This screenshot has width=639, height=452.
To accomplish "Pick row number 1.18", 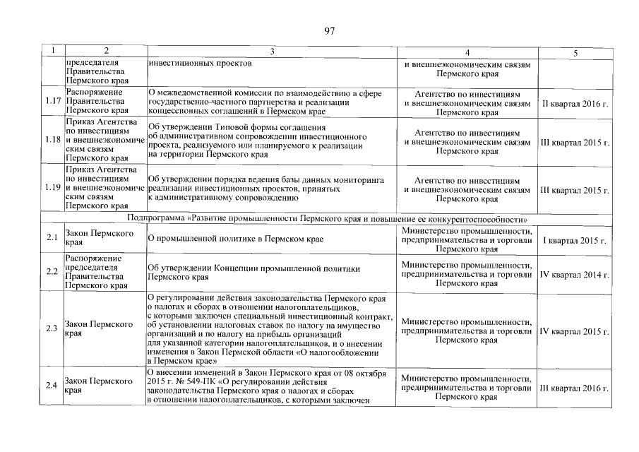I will tap(52, 141).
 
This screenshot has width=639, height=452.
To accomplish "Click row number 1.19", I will tap(52, 189).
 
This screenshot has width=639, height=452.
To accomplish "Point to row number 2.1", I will tap(52, 239).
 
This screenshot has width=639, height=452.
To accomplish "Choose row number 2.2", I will tap(52, 273).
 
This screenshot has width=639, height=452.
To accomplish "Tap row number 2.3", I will tap(52, 329).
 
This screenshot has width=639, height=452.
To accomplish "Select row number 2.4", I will tap(52, 386).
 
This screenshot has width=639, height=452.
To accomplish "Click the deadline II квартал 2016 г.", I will tap(575, 103).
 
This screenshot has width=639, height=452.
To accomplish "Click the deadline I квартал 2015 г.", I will tap(575, 240).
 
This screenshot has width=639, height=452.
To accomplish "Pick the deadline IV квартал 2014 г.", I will tap(575, 273).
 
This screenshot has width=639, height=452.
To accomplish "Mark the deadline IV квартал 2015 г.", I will tap(575, 331).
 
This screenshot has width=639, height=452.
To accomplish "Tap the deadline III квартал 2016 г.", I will tap(575, 388).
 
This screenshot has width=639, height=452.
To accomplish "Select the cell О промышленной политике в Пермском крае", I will tap(236, 239).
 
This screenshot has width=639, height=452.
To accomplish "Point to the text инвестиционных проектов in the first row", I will tap(201, 63).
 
